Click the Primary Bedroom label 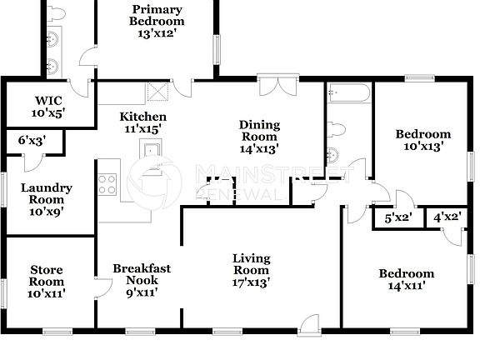click(155, 22)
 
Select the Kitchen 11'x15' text click(142, 122)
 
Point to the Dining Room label click(259, 136)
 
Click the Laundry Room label click(47, 199)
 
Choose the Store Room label click(47, 281)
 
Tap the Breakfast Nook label click(142, 280)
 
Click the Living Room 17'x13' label click(250, 269)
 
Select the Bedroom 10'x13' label click(422, 139)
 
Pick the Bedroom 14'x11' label click(406, 279)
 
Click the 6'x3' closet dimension click(32, 141)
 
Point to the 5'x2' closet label click(397, 218)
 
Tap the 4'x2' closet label click(446, 218)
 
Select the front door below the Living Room click(309, 325)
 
